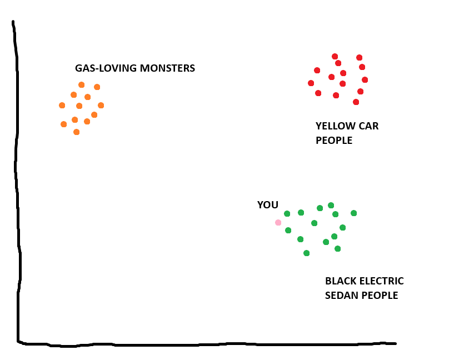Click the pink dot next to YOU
[278, 223]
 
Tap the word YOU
[267, 205]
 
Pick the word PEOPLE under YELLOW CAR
[334, 141]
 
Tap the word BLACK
[340, 281]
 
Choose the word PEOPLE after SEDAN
[380, 296]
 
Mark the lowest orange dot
[76, 132]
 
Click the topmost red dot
[335, 56]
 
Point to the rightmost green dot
[353, 213]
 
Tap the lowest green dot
[306, 253]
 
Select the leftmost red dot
[311, 83]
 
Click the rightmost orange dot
[101, 106]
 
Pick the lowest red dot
[356, 102]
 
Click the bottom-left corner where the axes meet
[19, 342]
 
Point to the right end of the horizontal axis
[395, 343]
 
